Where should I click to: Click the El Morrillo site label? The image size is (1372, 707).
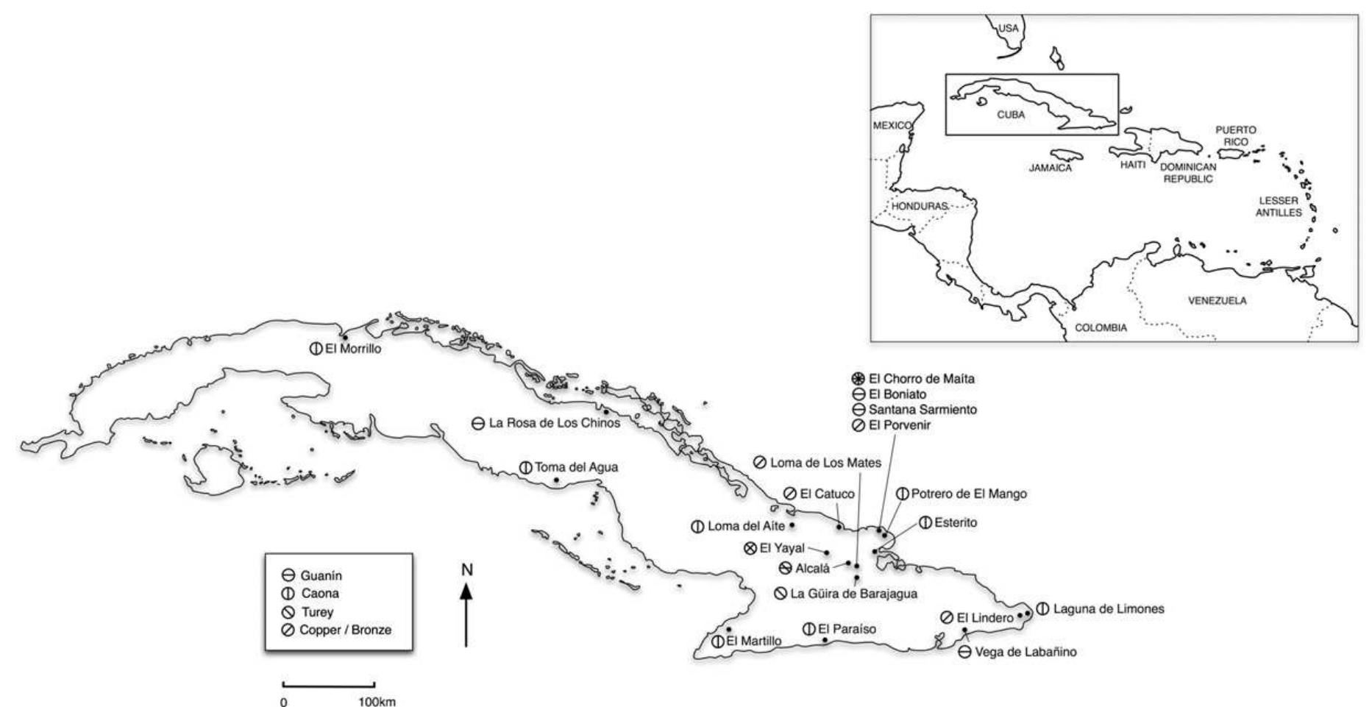point(353,349)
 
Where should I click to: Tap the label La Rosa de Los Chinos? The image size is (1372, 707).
point(554,423)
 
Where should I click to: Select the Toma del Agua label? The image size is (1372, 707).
point(576,467)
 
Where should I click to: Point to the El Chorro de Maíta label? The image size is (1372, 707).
point(921,379)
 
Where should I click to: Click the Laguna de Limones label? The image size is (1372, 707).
point(1108,609)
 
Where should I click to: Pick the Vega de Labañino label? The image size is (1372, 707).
point(1025,652)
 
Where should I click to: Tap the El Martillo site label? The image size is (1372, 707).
point(753,641)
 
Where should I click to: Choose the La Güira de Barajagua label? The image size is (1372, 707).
point(853,593)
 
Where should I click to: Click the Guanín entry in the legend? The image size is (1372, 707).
point(321,575)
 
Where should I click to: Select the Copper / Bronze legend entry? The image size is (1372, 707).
point(345,630)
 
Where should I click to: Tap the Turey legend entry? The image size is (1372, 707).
point(317,612)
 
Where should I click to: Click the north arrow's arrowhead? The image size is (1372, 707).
point(466,590)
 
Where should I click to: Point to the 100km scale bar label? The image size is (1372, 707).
point(377,701)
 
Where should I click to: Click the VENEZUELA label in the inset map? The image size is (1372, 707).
point(1217,301)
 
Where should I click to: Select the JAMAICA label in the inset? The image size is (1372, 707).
point(1050,168)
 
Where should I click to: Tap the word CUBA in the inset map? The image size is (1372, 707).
point(1010,115)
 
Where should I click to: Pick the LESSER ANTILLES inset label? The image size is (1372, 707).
point(1278,206)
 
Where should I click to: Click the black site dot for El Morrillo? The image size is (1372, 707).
point(344,338)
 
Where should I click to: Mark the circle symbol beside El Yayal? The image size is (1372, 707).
point(750,548)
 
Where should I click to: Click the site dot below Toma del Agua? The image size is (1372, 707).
point(556,480)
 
